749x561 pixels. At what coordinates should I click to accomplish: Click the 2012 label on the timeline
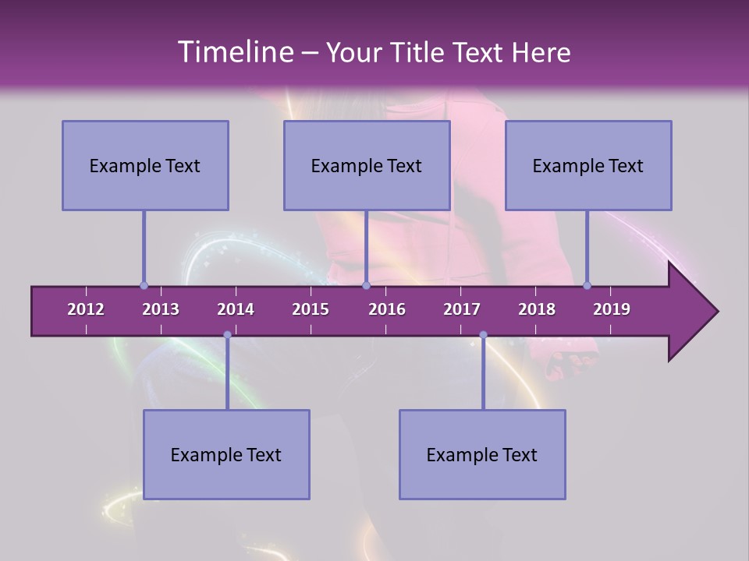(86, 309)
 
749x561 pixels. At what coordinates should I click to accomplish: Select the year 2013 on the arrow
(161, 309)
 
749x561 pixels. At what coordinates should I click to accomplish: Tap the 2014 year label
(236, 309)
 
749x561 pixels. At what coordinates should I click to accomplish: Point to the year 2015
(311, 309)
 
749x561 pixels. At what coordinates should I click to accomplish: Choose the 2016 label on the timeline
(387, 309)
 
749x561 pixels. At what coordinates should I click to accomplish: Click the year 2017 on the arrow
(462, 309)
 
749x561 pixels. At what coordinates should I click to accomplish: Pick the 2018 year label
(537, 309)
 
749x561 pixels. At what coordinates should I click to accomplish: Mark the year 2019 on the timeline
(612, 309)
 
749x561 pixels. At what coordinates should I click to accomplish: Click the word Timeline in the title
(234, 52)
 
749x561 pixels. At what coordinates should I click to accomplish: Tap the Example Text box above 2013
(145, 165)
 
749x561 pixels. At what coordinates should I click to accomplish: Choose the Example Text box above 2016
(367, 165)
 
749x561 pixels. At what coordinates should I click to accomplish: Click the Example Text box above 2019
(588, 165)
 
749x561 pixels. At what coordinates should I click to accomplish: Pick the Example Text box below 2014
(226, 454)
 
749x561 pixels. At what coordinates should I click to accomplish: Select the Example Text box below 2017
(482, 454)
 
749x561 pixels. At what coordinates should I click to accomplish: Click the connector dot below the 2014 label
(227, 335)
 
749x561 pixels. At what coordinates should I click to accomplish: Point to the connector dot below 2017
(483, 335)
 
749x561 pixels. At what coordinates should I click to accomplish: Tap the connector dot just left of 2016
(366, 285)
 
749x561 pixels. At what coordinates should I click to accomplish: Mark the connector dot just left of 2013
(144, 285)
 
